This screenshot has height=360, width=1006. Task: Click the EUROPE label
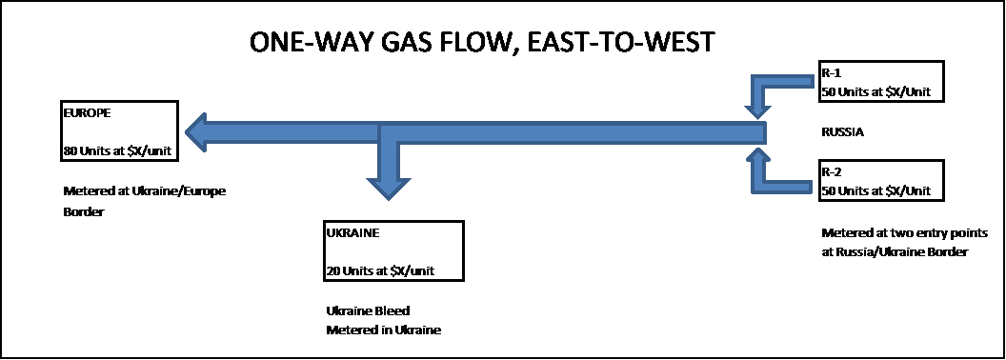(x=87, y=112)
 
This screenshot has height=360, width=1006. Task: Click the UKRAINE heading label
(x=352, y=232)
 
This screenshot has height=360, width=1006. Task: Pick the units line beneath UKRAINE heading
(x=379, y=271)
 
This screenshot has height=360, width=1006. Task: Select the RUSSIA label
(x=842, y=132)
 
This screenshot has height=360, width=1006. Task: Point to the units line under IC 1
(x=875, y=92)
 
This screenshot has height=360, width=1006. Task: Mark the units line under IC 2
(x=875, y=191)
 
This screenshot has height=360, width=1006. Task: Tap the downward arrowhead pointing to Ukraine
(x=388, y=187)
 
